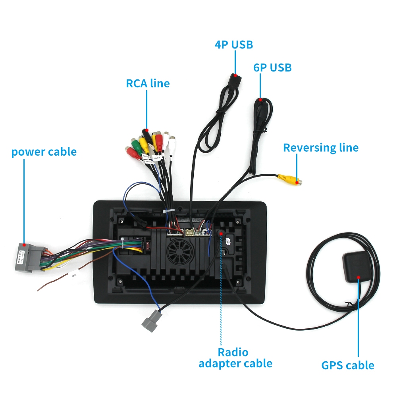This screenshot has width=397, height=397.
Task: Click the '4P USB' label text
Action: pos(234,44)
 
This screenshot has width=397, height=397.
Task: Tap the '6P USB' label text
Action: pos(272,67)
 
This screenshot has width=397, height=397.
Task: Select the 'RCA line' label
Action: pos(148,83)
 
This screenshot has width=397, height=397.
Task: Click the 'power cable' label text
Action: pos(44,152)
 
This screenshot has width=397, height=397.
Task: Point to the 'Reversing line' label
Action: pos(320,148)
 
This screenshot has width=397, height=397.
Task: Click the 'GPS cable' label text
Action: pos(348,365)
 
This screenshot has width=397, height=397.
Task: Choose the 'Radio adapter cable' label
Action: pos(235,357)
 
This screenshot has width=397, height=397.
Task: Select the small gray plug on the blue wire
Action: pos(152,319)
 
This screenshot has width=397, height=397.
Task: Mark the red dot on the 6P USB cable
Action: pos(260,100)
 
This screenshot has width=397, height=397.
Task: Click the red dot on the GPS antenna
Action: pos(359,277)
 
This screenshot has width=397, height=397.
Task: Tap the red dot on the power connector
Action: pos(25,245)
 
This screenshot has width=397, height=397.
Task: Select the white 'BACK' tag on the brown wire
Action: pos(74,274)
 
